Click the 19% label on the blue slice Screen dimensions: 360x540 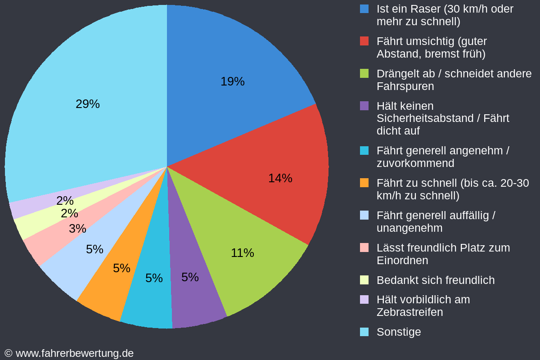232,81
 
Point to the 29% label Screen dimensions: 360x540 88,104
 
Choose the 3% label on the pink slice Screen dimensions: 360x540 77,229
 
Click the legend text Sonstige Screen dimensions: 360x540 398,332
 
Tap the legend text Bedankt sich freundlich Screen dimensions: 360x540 435,280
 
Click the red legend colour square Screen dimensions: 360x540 364,41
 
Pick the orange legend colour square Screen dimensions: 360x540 364,183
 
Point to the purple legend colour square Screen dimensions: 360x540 364,106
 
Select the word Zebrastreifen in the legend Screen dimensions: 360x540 409,312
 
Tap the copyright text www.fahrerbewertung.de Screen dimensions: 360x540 74,353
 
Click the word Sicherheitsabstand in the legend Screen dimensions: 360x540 421,118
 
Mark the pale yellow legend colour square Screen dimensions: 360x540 364,280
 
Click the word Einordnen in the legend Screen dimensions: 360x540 402,261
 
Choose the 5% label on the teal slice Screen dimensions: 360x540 154,278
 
